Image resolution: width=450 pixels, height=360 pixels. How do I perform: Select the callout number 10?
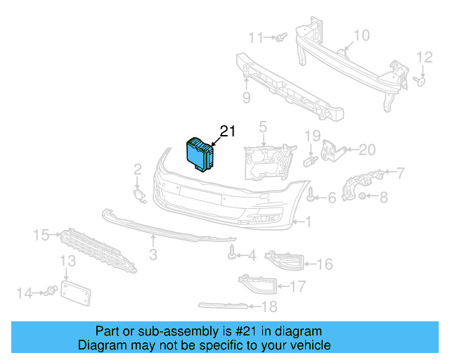pyautogui.click(x=361, y=36)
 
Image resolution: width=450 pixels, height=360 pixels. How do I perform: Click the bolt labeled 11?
pyautogui.click(x=281, y=37)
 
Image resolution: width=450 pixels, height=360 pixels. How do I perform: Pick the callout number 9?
pyautogui.click(x=246, y=96)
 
